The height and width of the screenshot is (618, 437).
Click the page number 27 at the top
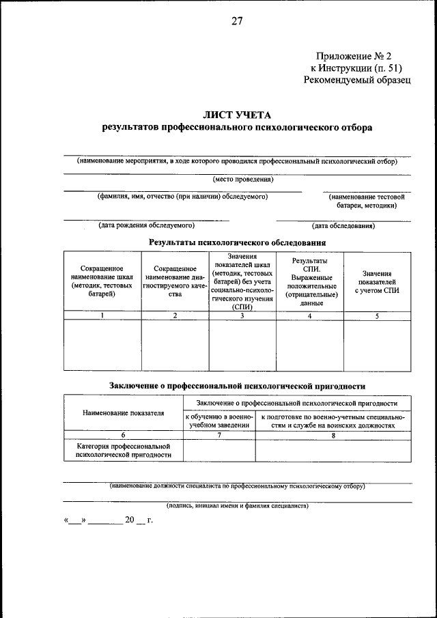[x=237, y=20]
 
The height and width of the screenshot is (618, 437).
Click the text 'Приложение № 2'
[x=354, y=56]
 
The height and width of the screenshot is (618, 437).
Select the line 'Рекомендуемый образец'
[x=357, y=80]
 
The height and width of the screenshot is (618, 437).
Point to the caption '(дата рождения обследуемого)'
[x=146, y=225]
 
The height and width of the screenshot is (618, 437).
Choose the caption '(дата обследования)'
[x=343, y=225]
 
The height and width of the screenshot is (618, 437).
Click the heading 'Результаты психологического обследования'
[x=237, y=242]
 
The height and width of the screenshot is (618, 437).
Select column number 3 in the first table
[x=242, y=315]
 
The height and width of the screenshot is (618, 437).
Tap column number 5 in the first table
[x=377, y=315]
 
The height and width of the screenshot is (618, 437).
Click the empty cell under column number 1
[x=102, y=345]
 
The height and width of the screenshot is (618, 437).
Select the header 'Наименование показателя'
[x=124, y=413]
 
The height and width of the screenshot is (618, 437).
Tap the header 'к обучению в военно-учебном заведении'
[x=219, y=420]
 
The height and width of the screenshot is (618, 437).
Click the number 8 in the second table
[x=333, y=434]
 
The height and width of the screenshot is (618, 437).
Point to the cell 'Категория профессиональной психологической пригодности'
[x=124, y=449]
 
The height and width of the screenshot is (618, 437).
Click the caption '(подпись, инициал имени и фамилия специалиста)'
[x=237, y=506]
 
